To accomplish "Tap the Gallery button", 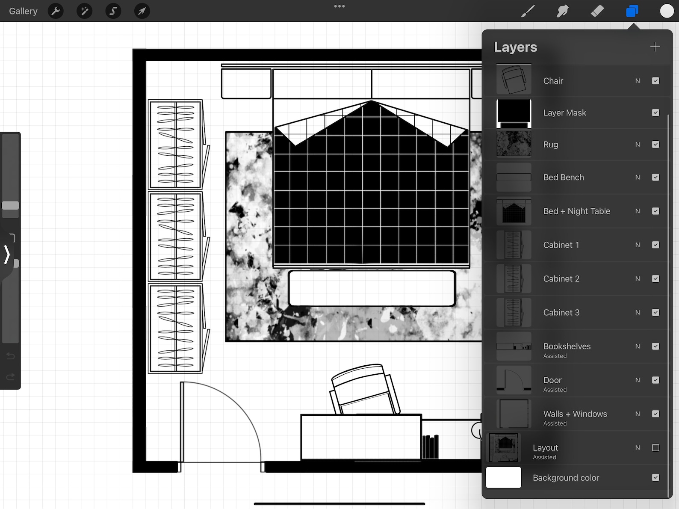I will click(23, 11).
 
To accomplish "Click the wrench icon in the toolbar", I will click(56, 11).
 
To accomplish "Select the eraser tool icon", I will click(597, 11).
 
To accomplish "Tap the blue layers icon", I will click(632, 11).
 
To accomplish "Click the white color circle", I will click(667, 11).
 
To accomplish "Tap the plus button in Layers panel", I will click(655, 47).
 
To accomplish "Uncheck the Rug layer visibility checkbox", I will click(655, 145).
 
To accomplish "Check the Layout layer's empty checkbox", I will click(655, 448).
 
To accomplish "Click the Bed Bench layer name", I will click(563, 178).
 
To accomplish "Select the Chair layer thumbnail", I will click(514, 80).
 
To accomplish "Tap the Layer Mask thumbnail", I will click(514, 113).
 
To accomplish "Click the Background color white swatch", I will click(504, 477).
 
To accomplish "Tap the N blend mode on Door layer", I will click(638, 380).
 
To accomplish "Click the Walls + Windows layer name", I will click(575, 414).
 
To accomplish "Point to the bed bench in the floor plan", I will click(372, 288).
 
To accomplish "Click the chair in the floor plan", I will click(364, 389).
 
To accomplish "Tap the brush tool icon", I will click(528, 11).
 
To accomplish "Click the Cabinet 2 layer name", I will click(561, 279).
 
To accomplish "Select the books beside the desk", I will click(430, 447).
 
